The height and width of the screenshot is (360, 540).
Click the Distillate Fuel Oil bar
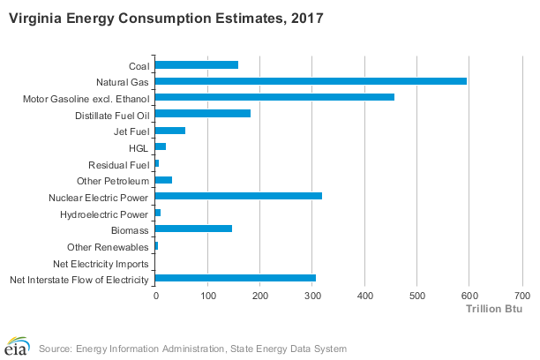202,114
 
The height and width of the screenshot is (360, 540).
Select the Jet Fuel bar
169,131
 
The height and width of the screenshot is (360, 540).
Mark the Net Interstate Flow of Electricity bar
235,279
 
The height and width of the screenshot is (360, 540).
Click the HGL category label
139,147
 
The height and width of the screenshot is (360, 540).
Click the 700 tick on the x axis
521,296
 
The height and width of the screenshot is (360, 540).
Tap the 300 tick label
312,296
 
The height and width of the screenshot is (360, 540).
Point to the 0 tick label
156,296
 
